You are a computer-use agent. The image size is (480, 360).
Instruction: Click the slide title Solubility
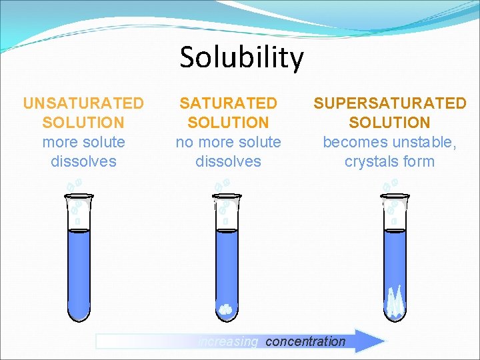tap(241, 57)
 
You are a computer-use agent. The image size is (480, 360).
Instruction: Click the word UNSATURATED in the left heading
tap(83, 103)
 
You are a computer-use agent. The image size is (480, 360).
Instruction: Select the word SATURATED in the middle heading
tap(228, 103)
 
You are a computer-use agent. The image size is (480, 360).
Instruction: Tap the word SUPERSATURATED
tap(390, 103)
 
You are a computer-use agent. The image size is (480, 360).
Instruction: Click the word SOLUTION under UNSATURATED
tap(83, 123)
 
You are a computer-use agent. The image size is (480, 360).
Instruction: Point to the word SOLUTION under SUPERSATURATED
tap(390, 123)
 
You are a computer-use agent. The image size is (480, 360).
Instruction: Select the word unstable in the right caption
tap(425, 142)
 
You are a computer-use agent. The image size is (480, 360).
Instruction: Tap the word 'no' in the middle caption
tap(185, 142)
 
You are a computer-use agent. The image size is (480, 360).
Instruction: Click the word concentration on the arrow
tap(305, 341)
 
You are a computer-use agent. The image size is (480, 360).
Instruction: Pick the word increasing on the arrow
tap(228, 341)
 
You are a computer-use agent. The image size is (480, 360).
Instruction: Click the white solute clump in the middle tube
tap(226, 309)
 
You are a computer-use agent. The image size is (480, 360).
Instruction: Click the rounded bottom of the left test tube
tap(79, 313)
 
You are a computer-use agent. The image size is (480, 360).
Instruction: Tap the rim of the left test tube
tap(79, 195)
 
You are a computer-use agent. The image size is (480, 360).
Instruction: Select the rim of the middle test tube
tap(226, 195)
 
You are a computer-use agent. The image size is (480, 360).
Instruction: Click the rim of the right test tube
tap(395, 195)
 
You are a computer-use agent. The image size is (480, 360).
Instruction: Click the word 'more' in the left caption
tap(55, 142)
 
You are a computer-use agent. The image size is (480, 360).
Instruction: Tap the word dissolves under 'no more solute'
tap(228, 161)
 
